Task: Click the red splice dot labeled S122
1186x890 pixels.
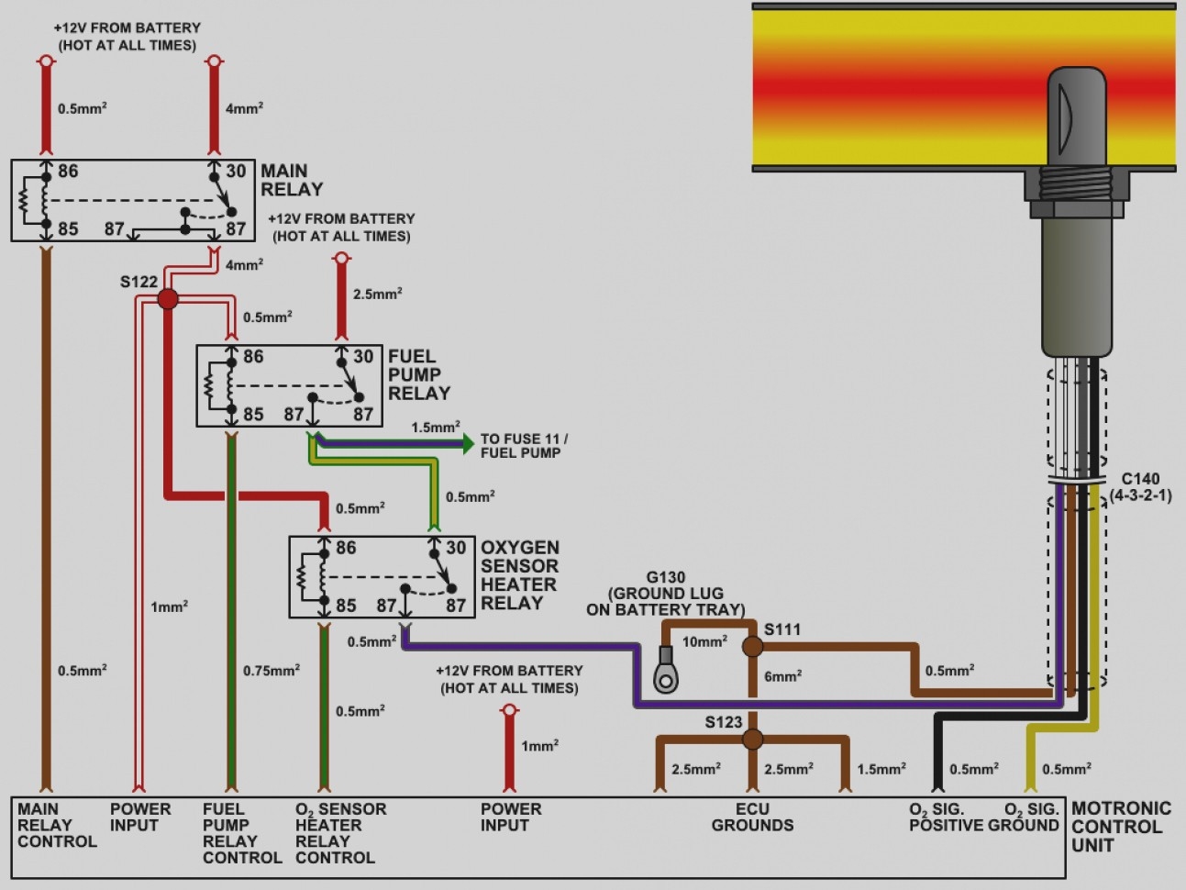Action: point(168,298)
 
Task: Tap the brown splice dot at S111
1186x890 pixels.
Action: point(752,647)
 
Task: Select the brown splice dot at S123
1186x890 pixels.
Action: point(752,739)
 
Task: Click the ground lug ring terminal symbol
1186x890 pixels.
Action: point(666,676)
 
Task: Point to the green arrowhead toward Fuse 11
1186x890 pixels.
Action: point(467,444)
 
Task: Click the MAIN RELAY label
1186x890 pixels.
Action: point(292,180)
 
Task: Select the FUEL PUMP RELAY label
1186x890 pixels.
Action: point(418,374)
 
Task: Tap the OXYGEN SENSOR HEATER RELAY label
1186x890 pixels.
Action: point(519,575)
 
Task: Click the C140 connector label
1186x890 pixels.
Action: point(1140,486)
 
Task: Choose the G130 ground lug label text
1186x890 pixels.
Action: point(666,593)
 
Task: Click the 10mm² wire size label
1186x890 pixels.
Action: point(704,641)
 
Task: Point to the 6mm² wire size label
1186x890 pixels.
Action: point(782,676)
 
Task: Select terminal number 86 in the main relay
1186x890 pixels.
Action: point(68,172)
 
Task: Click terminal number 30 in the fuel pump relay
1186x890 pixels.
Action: point(363,357)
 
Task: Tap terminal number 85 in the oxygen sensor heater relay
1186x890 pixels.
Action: point(346,606)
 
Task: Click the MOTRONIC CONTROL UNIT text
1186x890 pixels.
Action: point(1121,826)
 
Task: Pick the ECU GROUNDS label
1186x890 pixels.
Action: point(752,817)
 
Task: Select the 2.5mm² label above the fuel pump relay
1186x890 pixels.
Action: point(377,295)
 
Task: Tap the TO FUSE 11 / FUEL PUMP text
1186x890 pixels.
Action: point(524,446)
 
